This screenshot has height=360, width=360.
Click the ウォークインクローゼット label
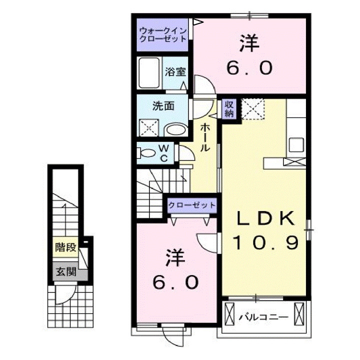click(162, 34)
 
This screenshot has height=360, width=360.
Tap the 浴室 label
click(175, 71)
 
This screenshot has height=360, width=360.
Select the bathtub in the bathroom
click(149, 73)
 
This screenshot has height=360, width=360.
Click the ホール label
click(204, 137)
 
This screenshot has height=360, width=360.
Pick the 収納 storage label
click(229, 108)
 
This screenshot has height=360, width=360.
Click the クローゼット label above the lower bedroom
click(192, 205)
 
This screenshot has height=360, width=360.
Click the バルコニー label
click(263, 317)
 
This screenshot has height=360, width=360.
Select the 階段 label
click(66, 247)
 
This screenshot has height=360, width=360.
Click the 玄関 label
click(66, 272)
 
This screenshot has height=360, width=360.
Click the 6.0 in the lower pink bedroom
click(176, 283)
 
